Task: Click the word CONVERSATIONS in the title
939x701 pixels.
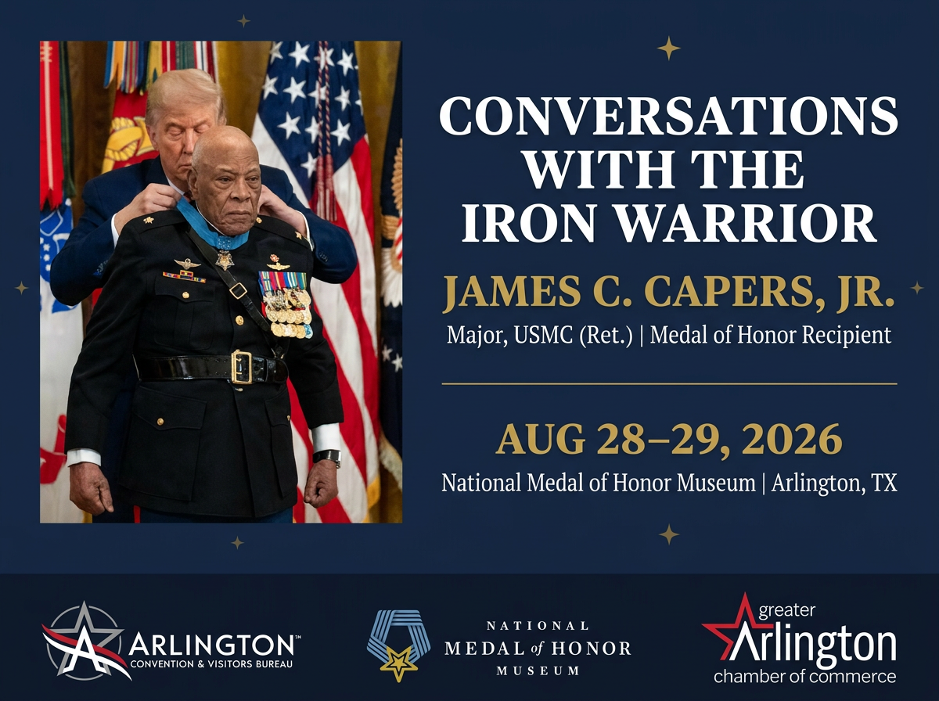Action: click(x=668, y=116)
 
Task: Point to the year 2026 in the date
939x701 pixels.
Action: click(x=791, y=439)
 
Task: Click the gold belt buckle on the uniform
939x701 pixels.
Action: click(x=242, y=367)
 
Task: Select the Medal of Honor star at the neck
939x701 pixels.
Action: click(x=225, y=260)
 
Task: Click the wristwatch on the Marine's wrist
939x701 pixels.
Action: click(x=328, y=457)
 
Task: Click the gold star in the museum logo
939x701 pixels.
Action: click(x=399, y=663)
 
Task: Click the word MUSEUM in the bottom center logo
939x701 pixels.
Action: click(x=538, y=670)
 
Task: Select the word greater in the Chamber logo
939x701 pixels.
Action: click(x=786, y=611)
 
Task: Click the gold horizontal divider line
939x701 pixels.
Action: click(x=670, y=384)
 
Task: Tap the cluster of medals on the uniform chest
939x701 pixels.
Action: click(x=286, y=305)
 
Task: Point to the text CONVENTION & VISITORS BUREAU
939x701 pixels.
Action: click(x=211, y=664)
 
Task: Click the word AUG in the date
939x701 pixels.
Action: click(x=540, y=439)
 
